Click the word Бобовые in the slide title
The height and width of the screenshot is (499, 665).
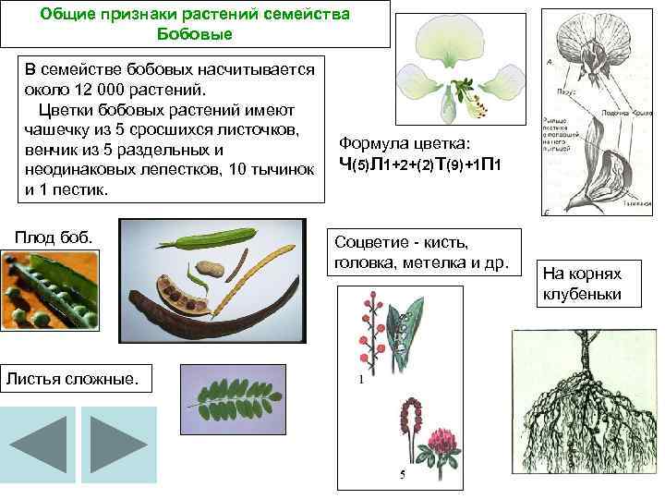(x=195, y=35)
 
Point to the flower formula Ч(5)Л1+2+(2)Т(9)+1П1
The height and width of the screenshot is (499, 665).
(x=419, y=165)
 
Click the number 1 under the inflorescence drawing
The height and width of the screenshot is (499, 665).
(x=360, y=380)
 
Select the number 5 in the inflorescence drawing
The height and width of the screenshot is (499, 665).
(x=402, y=475)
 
